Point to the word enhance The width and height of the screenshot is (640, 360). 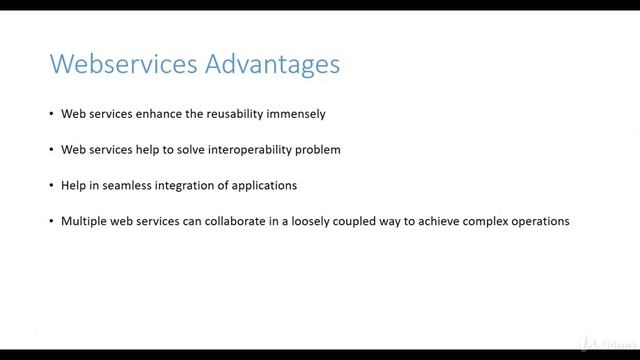coord(145,114)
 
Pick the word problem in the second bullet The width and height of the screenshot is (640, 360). coord(319,150)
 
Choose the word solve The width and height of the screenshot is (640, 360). coord(187,150)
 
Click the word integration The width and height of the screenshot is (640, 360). coord(186,186)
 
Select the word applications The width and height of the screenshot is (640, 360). coord(264,186)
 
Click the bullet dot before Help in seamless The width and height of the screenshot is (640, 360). coord(51,186)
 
